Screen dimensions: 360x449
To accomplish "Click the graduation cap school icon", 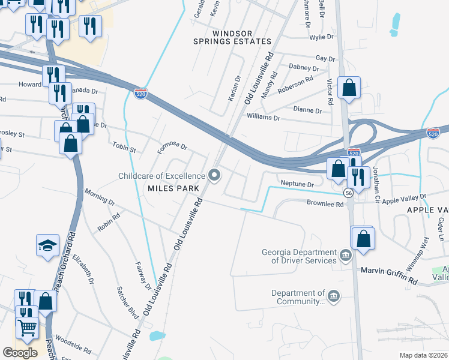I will [x=47, y=245].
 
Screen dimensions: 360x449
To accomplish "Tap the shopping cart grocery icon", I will [x=26, y=328].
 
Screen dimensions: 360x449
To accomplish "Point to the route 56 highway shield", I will [x=348, y=193].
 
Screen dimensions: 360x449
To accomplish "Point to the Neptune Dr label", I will [x=297, y=184].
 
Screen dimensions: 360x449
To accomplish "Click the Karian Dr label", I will [x=234, y=88].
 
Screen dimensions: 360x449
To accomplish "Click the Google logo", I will [x=20, y=352].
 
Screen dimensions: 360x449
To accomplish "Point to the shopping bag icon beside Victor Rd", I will [x=349, y=88].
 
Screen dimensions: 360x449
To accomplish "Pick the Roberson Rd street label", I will [x=295, y=83].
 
